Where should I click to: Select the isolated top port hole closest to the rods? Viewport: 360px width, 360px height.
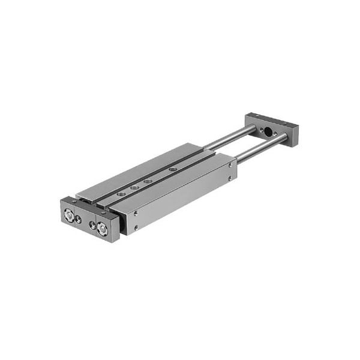173,170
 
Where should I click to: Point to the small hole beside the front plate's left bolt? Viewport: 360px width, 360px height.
79,220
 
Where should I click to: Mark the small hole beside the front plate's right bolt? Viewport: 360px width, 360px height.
92,225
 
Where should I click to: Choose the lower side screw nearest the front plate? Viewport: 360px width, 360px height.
136,227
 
